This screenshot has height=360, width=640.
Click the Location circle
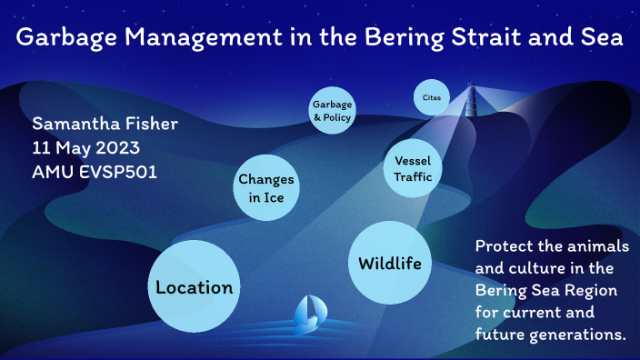click(x=194, y=287)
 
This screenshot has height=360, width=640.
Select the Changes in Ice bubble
click(x=265, y=188)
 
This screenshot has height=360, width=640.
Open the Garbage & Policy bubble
click(x=332, y=111)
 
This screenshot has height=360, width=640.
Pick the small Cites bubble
click(x=431, y=97)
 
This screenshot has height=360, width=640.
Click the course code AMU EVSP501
click(x=95, y=171)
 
